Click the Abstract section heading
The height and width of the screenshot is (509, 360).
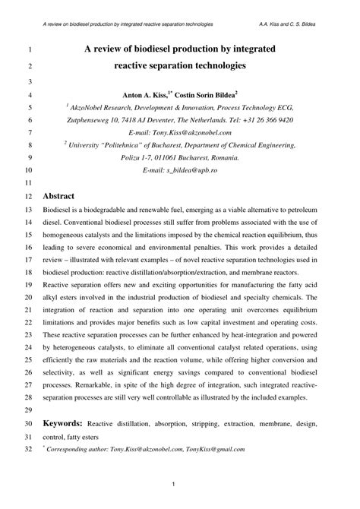pyautogui.click(x=58, y=194)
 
